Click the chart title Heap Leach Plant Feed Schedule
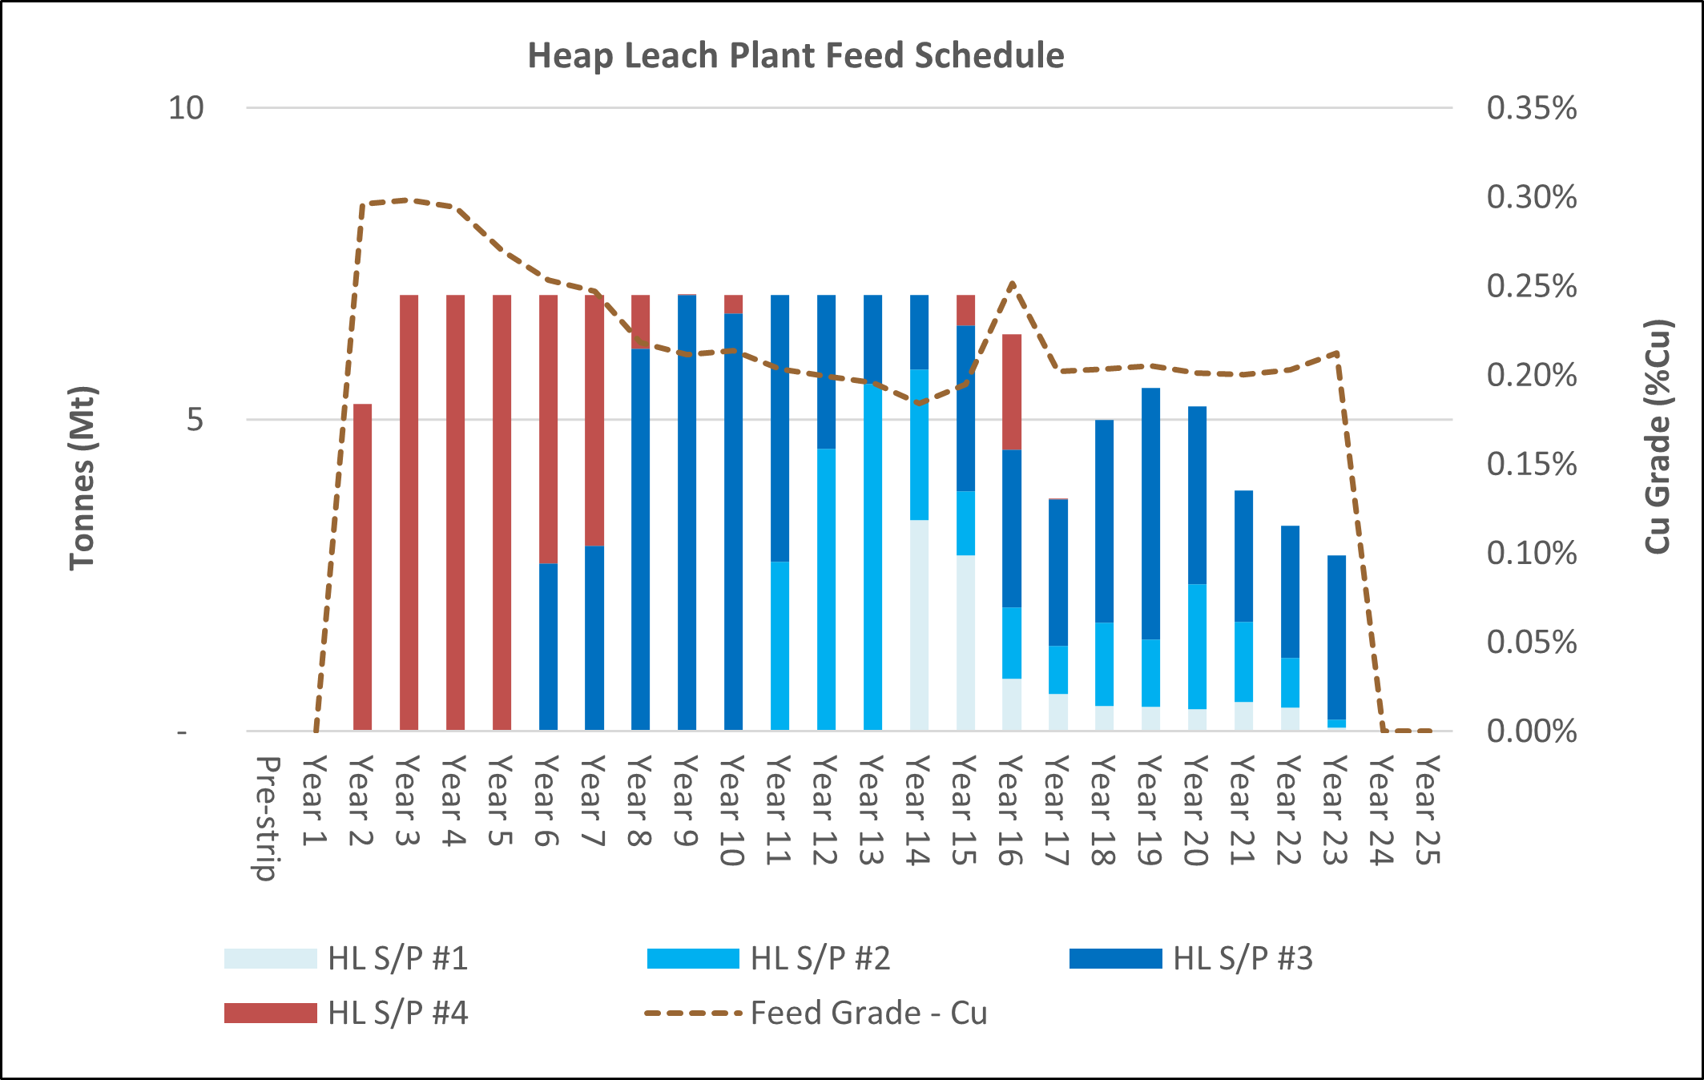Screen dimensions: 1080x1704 point(796,56)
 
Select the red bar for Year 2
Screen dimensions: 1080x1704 point(362,567)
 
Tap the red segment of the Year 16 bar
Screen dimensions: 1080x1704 point(1012,392)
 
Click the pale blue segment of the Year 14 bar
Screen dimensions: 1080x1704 point(919,625)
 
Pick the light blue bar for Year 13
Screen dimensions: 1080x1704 point(872,556)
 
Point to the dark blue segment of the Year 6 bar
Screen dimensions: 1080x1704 point(548,646)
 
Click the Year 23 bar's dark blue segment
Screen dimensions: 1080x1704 point(1336,637)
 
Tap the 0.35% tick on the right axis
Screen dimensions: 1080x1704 point(1531,108)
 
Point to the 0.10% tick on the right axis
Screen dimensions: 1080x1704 point(1531,553)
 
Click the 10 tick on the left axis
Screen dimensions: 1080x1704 point(186,108)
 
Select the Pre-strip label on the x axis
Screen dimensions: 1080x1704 point(268,817)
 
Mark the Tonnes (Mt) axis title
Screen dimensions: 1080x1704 point(82,478)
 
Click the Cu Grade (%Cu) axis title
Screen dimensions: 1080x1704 point(1658,437)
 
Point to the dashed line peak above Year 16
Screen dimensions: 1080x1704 point(1013,283)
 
